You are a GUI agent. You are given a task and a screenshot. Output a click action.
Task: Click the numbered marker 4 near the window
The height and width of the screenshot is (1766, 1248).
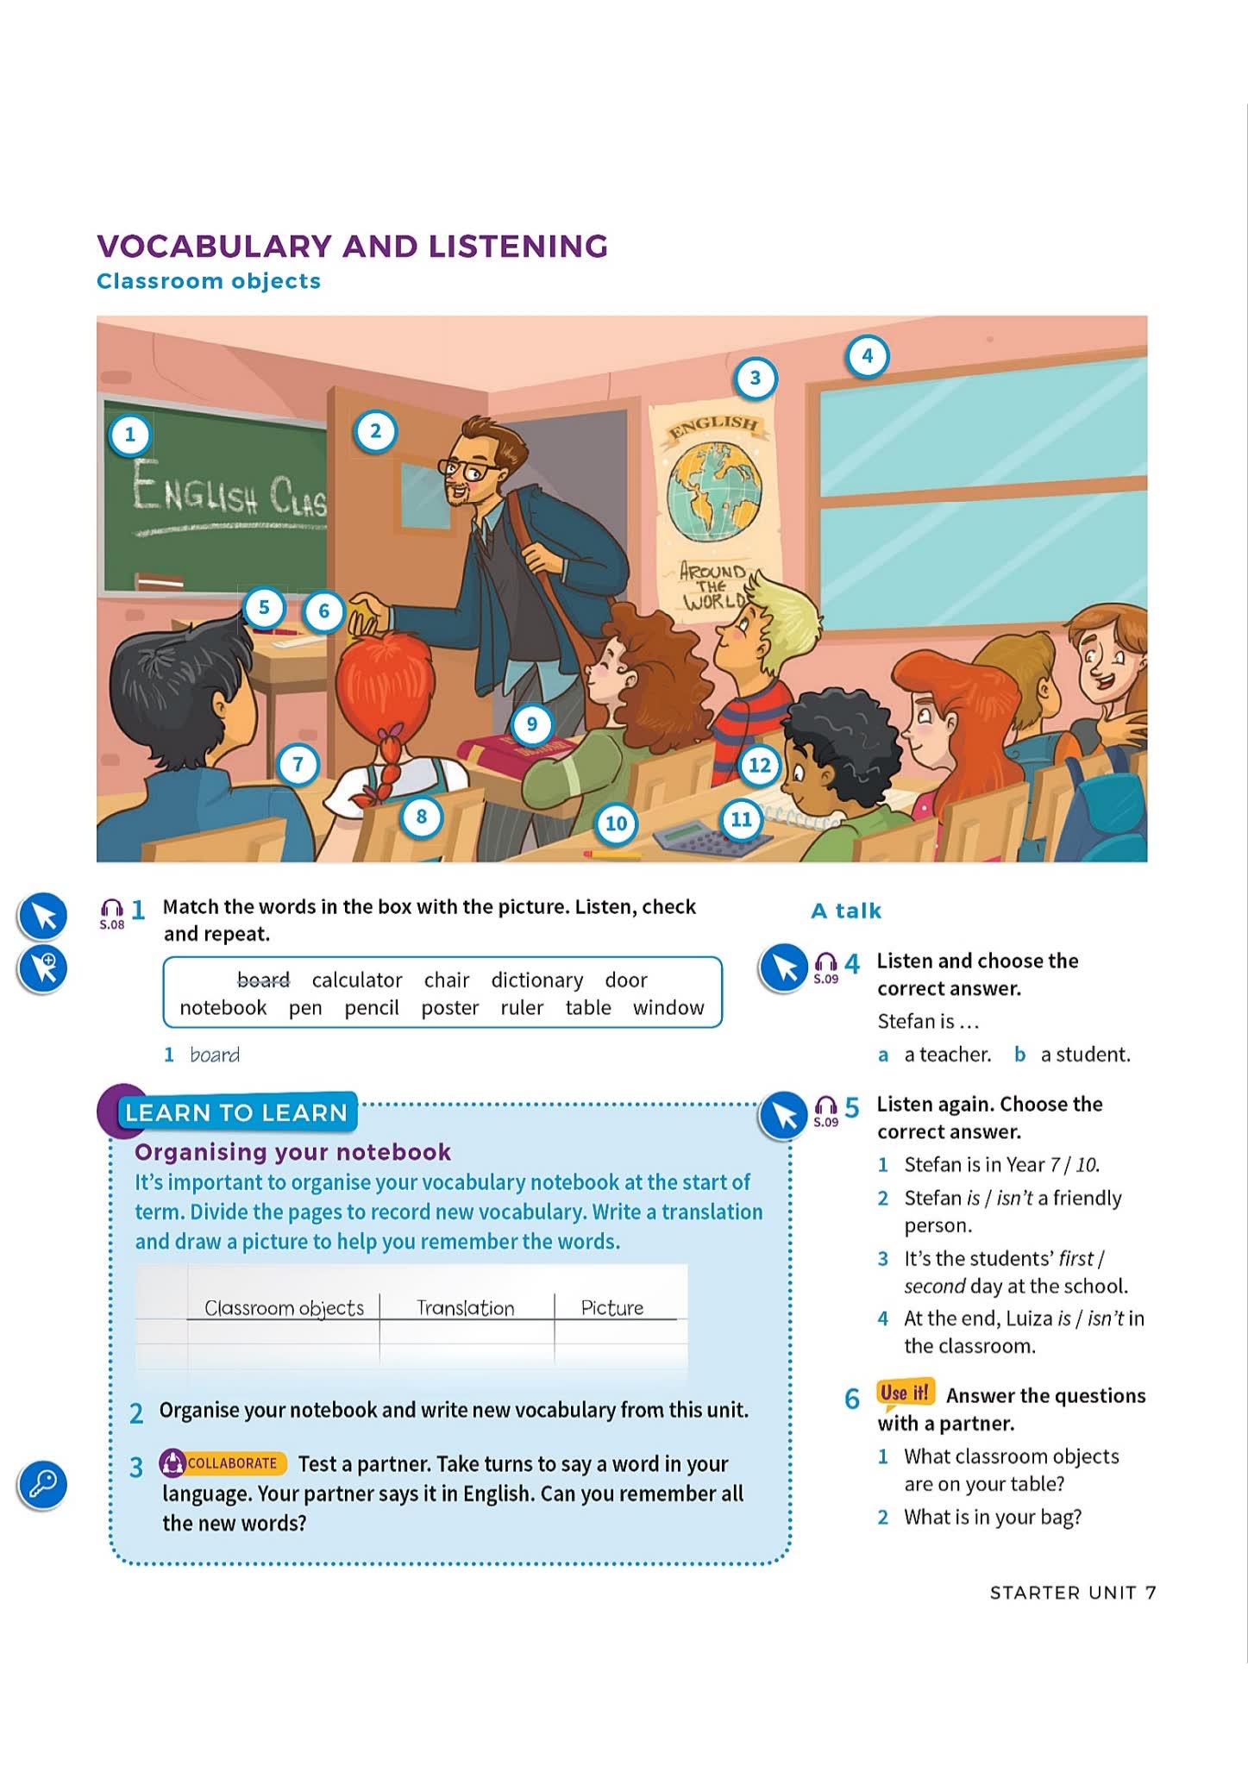click(867, 356)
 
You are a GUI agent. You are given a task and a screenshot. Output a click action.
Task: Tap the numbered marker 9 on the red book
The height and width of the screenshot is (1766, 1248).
click(531, 724)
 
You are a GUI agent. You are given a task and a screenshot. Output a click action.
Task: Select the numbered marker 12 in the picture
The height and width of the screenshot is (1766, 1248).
click(759, 765)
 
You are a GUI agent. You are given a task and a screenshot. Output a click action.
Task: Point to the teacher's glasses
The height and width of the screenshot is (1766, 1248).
click(469, 471)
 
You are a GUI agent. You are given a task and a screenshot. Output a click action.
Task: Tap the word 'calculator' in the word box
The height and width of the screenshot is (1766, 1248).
click(357, 980)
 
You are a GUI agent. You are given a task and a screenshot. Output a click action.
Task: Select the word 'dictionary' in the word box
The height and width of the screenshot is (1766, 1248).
click(536, 980)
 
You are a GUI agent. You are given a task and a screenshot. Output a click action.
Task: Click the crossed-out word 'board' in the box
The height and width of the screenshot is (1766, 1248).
click(263, 980)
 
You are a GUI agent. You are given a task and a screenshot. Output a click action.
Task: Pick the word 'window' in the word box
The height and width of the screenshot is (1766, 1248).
click(668, 1008)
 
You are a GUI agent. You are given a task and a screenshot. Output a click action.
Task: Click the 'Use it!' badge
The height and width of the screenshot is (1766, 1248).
click(905, 1393)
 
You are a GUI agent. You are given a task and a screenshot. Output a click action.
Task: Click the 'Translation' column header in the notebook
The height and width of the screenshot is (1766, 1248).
click(466, 1308)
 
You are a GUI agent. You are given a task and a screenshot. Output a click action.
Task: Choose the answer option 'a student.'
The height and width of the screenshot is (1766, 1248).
click(1085, 1055)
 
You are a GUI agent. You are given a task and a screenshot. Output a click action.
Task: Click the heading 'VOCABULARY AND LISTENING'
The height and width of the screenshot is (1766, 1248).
click(352, 247)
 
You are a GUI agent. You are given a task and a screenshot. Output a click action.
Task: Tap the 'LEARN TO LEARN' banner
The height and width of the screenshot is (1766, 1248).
click(235, 1113)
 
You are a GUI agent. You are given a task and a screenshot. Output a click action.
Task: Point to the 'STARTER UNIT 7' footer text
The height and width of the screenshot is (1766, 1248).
click(1072, 1593)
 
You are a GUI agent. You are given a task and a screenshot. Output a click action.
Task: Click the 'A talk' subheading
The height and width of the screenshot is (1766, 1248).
click(846, 911)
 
